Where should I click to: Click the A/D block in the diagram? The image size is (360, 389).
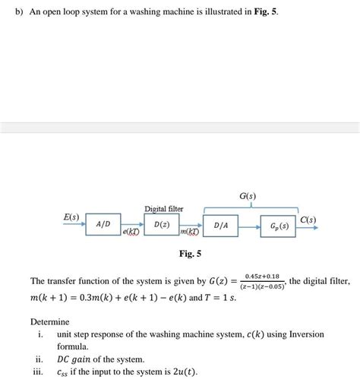pyautogui.click(x=103, y=224)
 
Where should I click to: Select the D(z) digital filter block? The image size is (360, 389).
pyautogui.click(x=162, y=225)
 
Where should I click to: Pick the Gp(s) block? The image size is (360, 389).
pyautogui.click(x=279, y=226)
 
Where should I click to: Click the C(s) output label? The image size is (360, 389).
pyautogui.click(x=308, y=220)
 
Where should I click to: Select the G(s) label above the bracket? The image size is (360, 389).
pyautogui.click(x=248, y=195)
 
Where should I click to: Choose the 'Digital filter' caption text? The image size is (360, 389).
pyautogui.click(x=164, y=209)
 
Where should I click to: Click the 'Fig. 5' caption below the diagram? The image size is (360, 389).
pyautogui.click(x=190, y=253)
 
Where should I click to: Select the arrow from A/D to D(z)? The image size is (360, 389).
pyautogui.click(x=132, y=224)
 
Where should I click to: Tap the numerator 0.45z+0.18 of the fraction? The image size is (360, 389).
pyautogui.click(x=262, y=276)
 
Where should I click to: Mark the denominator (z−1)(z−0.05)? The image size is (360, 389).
pyautogui.click(x=262, y=286)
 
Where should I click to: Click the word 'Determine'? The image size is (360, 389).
pyautogui.click(x=49, y=321)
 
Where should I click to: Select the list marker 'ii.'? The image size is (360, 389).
pyautogui.click(x=39, y=359)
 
